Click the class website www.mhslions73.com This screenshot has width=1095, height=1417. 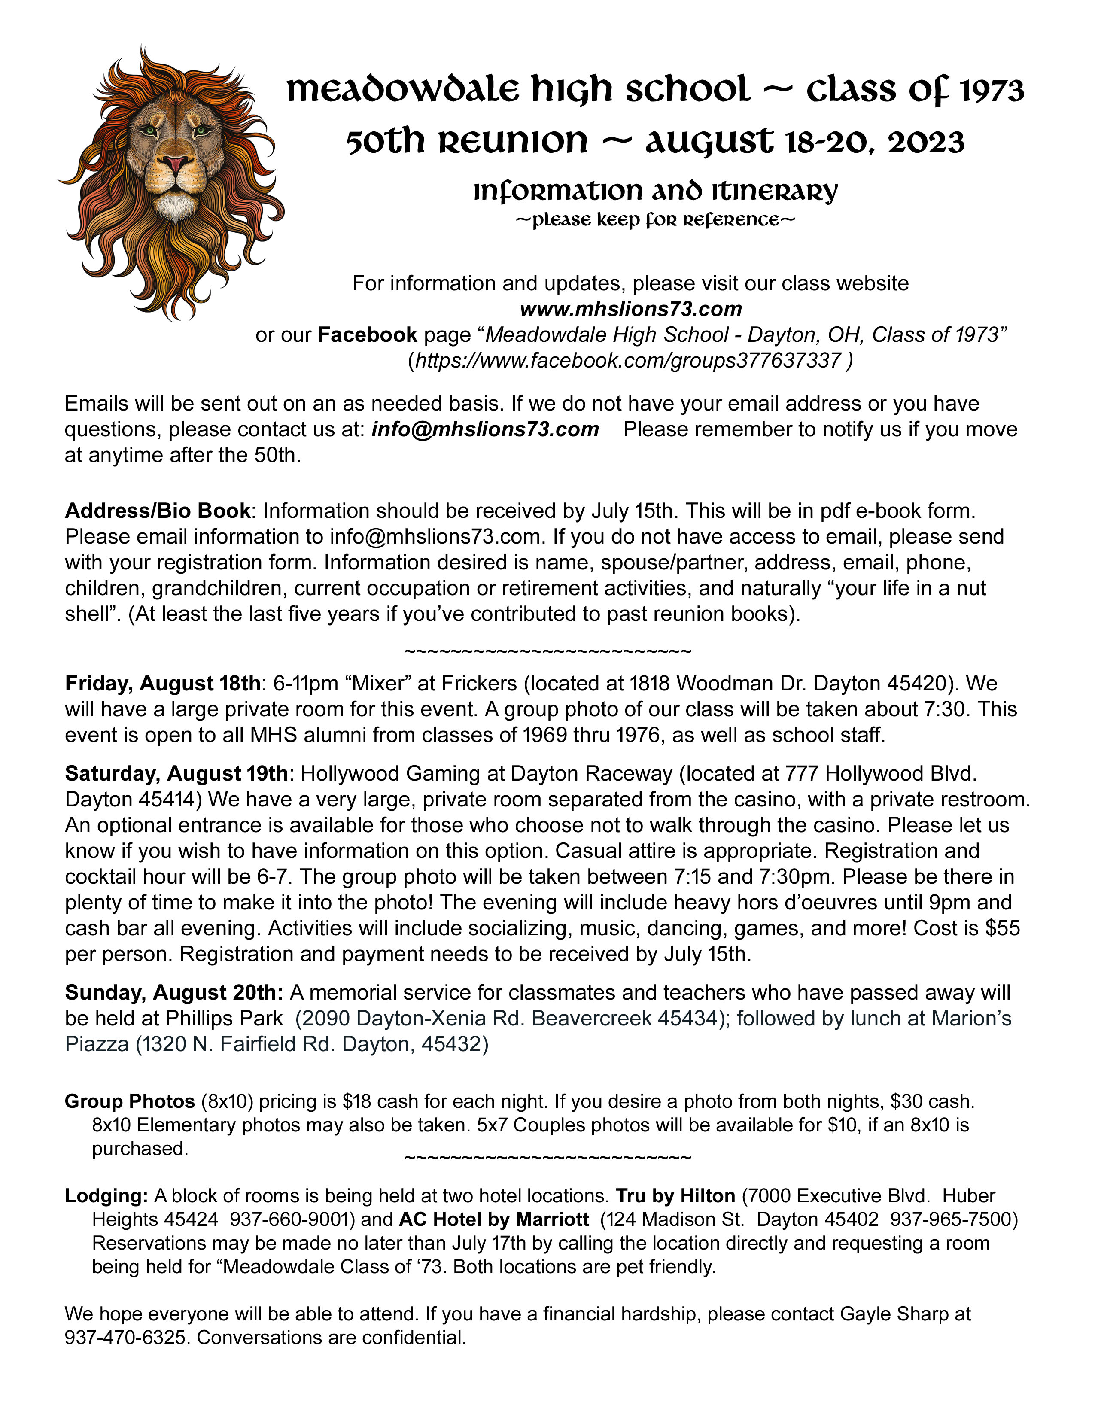[x=630, y=309]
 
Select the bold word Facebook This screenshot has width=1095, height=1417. [x=367, y=335]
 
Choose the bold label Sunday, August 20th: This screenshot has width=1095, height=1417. [x=174, y=993]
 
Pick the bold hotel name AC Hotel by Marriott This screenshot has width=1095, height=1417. [x=494, y=1220]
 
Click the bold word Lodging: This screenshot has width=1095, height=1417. [x=106, y=1196]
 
